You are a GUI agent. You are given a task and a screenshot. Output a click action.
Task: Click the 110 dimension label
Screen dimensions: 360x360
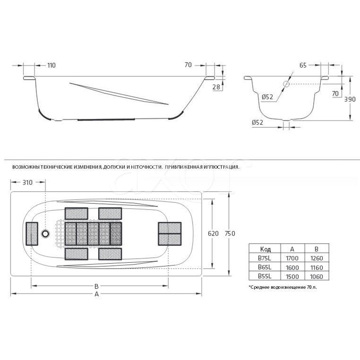[51, 65]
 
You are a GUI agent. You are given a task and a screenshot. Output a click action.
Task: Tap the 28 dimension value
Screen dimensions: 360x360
[216, 87]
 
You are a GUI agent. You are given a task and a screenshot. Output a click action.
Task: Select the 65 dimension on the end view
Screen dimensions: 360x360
[303, 65]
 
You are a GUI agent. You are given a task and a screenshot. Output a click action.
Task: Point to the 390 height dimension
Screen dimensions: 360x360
[350, 99]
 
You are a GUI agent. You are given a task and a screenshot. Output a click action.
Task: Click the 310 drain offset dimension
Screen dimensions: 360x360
[27, 183]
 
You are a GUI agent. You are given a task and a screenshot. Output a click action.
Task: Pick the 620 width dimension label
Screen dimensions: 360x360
[213, 234]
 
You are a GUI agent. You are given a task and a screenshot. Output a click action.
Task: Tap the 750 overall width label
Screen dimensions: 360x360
[230, 234]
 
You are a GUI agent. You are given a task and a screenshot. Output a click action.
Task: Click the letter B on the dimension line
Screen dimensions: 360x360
[96, 286]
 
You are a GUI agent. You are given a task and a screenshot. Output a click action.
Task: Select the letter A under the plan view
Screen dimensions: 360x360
[97, 294]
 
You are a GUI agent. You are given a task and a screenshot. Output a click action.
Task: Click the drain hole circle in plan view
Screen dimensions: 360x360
[45, 234]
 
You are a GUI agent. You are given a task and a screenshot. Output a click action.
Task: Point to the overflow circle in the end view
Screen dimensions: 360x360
[286, 84]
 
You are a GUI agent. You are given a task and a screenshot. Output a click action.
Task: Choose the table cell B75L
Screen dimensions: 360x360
[265, 258]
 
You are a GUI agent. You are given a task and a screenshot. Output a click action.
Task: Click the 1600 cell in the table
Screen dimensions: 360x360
[292, 267]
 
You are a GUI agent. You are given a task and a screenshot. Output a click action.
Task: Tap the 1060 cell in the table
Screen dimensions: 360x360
[316, 277]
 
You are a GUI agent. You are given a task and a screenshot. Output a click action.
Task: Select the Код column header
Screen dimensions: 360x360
[265, 249]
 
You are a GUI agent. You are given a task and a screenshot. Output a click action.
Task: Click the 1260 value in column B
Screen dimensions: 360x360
[317, 258]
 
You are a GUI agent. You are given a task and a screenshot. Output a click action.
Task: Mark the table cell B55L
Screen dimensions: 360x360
[265, 276]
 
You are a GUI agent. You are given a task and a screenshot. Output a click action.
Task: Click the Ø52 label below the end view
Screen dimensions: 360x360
[257, 122]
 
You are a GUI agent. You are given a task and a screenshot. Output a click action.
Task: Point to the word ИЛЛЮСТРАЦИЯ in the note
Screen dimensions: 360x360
[221, 167]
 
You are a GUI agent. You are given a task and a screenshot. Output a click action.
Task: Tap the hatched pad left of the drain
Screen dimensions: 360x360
[31, 234]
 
